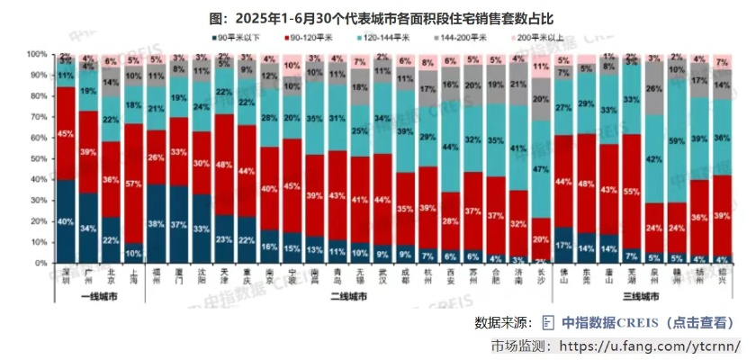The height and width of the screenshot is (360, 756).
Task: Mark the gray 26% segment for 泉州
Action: (653, 88)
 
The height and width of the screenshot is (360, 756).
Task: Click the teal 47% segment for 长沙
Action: (541, 169)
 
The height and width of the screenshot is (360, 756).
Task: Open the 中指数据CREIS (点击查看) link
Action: (647, 322)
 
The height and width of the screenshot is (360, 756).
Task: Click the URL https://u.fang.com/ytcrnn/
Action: (650, 346)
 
